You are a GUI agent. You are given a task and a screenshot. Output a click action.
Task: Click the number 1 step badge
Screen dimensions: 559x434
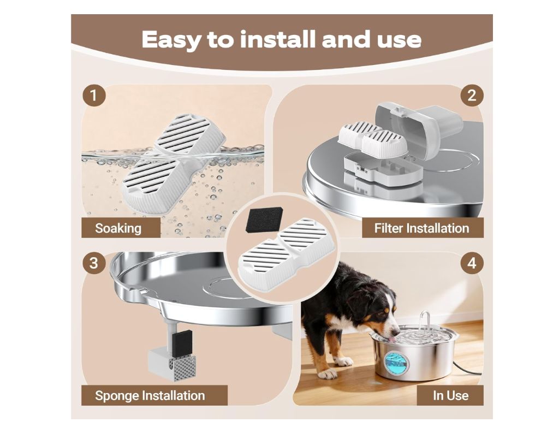click(94, 96)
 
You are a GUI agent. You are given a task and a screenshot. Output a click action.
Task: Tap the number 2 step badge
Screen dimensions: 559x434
click(472, 96)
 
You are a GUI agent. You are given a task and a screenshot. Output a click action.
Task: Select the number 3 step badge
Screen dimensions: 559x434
click(94, 263)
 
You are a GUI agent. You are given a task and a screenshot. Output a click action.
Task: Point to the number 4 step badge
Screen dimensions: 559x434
click(472, 263)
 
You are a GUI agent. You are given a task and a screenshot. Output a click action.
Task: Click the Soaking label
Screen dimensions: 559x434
click(118, 228)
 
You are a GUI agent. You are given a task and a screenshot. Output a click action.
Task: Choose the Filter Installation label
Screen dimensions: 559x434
click(422, 228)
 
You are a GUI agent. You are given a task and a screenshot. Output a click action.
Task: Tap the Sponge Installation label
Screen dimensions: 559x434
click(150, 395)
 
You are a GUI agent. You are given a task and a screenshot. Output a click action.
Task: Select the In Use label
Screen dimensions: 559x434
click(450, 395)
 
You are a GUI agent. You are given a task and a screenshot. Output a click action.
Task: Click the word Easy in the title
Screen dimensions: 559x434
click(171, 40)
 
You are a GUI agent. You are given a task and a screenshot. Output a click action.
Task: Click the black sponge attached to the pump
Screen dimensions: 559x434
click(181, 343)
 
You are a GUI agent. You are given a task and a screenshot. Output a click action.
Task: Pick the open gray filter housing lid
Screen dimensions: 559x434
click(419, 128)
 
